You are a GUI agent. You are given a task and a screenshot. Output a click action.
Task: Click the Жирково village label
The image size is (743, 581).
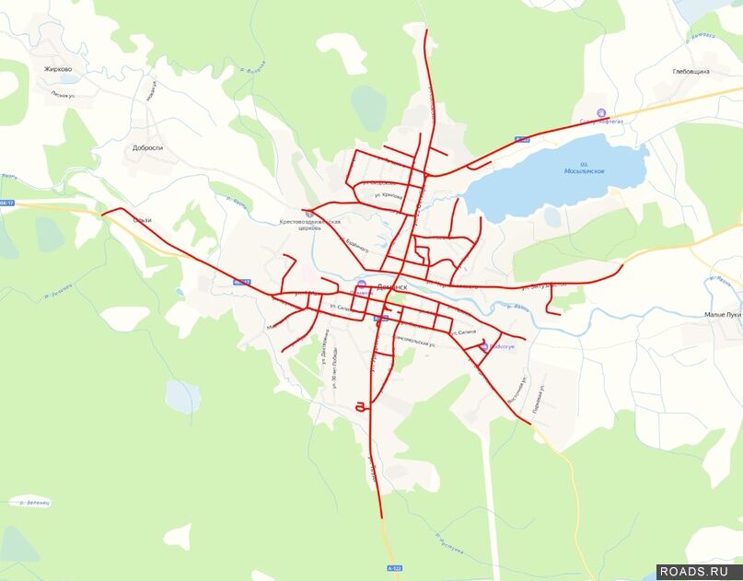point(57,69)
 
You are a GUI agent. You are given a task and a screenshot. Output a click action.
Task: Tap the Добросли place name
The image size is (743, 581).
point(147,147)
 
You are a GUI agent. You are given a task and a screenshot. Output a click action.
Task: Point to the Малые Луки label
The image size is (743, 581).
point(722,315)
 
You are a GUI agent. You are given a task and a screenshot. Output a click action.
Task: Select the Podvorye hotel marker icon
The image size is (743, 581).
point(484,346)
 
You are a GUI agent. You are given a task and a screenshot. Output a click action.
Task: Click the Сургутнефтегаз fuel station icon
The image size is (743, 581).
point(601,114)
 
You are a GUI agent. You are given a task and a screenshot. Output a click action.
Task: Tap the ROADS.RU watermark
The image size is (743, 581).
point(699,571)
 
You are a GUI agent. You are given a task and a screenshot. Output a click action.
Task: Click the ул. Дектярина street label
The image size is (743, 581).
point(323,350)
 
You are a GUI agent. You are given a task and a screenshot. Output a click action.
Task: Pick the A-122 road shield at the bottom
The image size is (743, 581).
point(395,568)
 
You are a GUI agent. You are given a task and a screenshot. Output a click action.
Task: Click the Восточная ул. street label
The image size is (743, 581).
point(523,392)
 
